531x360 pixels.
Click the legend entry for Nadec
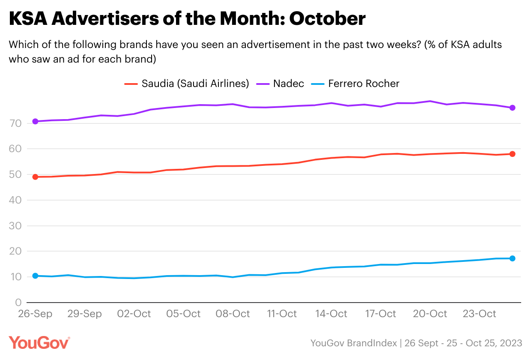click(288, 83)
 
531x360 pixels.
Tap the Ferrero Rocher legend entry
click(364, 83)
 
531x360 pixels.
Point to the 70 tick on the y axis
click(15, 124)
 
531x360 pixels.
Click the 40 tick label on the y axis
click(15, 200)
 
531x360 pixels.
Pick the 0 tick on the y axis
click(18, 303)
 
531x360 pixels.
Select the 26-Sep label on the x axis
click(35, 314)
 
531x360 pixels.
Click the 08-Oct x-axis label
click(233, 314)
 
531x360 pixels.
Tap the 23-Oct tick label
click(479, 314)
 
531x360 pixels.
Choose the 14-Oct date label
click(331, 314)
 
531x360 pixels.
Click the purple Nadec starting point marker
click(36, 122)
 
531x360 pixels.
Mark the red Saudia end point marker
click(512, 154)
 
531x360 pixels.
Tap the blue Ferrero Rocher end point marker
click(512, 258)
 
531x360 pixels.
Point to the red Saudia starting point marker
click(36, 177)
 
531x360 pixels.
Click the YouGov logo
click(39, 343)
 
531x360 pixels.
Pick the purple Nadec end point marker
click(512, 108)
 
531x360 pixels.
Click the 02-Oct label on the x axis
click(134, 314)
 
